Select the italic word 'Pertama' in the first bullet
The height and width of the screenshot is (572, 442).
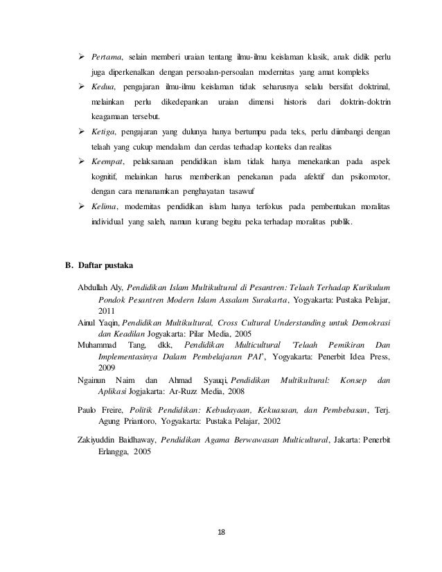pos(107,55)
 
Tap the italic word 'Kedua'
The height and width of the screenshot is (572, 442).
pos(104,87)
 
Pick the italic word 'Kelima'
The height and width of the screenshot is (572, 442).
pos(105,207)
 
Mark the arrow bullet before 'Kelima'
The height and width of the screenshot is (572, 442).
pos(81,207)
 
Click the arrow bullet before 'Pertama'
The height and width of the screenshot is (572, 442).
pos(81,55)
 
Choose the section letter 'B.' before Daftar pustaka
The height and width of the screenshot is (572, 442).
pos(69,265)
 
